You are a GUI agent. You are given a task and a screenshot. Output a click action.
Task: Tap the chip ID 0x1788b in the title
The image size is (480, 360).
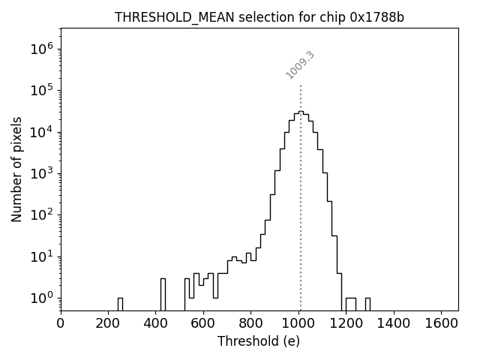coord(377,17)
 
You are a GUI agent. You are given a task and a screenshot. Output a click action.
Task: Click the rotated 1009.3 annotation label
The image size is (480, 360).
coord(300,65)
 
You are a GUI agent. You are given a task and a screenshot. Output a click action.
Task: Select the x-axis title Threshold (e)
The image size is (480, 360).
coord(259,341)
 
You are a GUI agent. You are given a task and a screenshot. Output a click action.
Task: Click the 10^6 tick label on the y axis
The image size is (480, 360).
coord(41,49)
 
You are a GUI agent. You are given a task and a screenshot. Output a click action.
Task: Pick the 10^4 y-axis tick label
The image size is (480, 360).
coord(41,133)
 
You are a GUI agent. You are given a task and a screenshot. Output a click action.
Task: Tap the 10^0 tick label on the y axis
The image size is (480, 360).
coord(41,298)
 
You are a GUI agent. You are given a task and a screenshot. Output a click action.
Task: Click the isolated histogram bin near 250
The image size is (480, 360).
coord(120,304)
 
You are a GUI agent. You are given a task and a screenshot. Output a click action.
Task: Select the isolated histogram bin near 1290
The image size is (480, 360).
coord(367,304)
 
